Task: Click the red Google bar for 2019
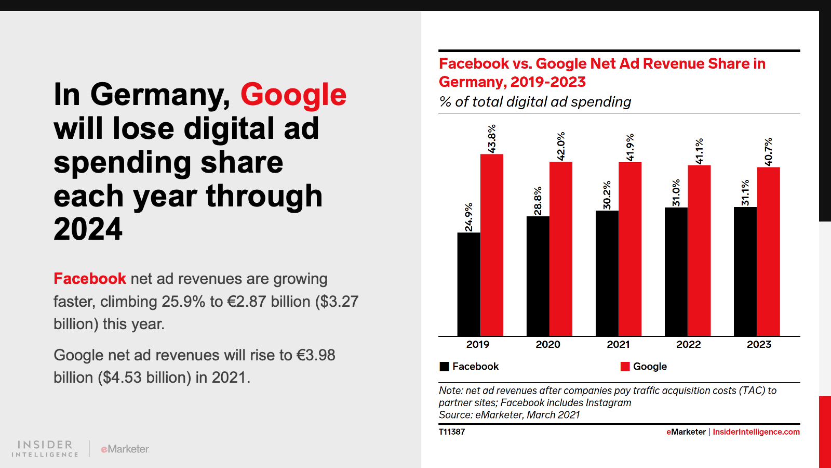[x=492, y=245]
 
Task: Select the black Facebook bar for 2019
[x=468, y=284]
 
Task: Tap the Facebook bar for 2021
[x=607, y=273]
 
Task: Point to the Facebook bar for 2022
[x=676, y=271]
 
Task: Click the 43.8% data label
[x=492, y=139]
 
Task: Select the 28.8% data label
[x=538, y=201]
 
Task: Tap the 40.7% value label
[x=768, y=152]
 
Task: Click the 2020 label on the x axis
[x=548, y=344]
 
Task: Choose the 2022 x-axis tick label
[x=688, y=344]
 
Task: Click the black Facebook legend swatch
[x=444, y=367]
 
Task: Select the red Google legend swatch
[x=625, y=367]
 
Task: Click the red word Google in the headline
[x=293, y=95]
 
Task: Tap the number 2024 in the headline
[x=88, y=229]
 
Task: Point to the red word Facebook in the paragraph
[x=90, y=279]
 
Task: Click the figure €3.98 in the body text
[x=316, y=355]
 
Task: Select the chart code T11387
[x=452, y=432]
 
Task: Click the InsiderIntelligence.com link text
[x=756, y=432]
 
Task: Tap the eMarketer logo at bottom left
[x=125, y=449]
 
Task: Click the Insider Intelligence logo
[x=45, y=448]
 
